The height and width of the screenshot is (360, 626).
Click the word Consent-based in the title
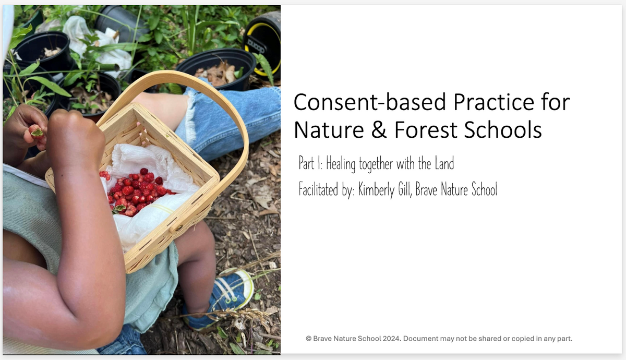[x=370, y=102]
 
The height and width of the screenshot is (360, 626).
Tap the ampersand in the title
[x=379, y=130]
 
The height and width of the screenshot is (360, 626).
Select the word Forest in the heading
[x=426, y=130]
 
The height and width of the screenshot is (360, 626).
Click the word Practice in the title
[x=494, y=102]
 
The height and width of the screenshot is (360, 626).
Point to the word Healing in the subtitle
[x=341, y=164]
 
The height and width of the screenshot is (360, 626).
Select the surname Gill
[x=405, y=189]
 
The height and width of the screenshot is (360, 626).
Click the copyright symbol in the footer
[x=308, y=339]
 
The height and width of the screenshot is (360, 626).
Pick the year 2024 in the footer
[x=392, y=339]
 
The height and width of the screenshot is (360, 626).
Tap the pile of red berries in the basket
[x=134, y=191]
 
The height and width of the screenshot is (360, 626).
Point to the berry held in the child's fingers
[x=37, y=131]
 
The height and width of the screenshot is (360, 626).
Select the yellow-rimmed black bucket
[x=263, y=45]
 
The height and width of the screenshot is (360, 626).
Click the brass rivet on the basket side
[x=179, y=228]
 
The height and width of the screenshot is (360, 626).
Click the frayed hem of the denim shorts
[x=191, y=117]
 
